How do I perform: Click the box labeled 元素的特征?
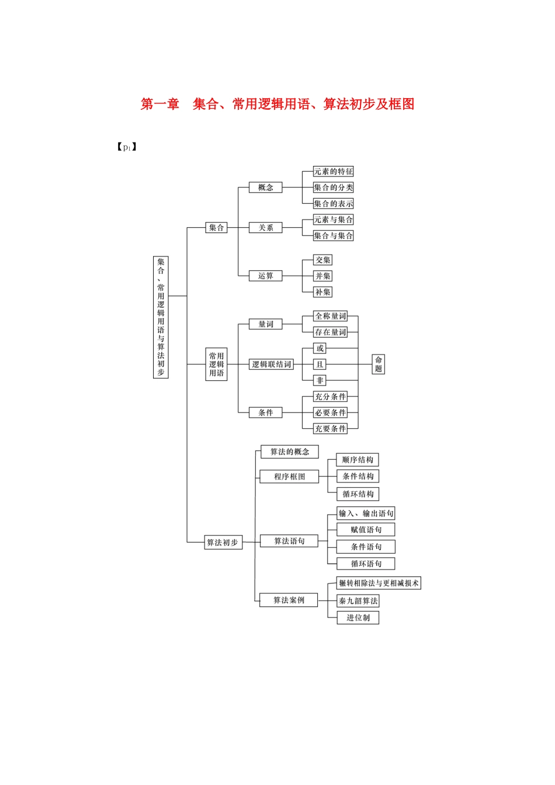333,171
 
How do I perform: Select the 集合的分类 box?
333,187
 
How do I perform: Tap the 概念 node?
266,187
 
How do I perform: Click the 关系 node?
266,228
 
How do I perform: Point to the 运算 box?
266,276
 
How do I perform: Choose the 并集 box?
322,276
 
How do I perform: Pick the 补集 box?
322,292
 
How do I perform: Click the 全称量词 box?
331,316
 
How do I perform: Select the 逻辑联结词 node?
271,364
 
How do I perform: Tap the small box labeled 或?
320,348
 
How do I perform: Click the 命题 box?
379,364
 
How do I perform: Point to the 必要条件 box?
331,412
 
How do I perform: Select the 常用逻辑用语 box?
216,364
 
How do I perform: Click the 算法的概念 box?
290,451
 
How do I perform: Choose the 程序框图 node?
290,477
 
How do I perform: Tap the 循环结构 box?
358,494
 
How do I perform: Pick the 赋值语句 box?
366,530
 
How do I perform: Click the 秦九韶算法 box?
358,600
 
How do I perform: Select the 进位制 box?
358,617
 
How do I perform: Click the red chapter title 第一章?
159,104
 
